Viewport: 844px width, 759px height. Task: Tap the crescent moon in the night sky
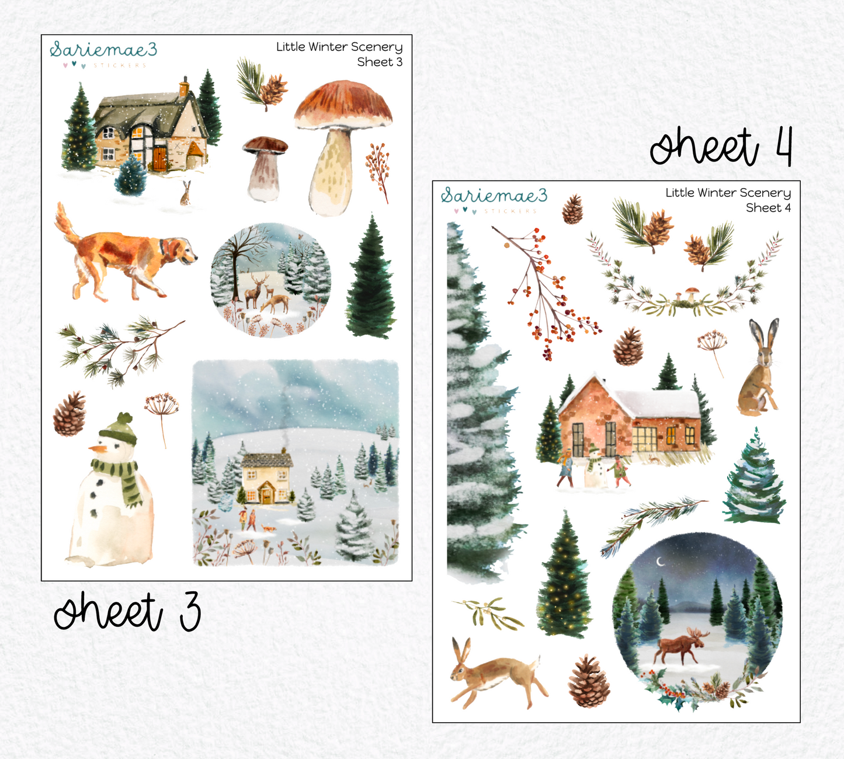click(661, 562)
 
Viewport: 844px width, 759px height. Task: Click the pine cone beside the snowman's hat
click(69, 414)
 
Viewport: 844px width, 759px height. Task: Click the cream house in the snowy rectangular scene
click(266, 479)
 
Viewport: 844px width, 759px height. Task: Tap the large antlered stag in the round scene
click(253, 289)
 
